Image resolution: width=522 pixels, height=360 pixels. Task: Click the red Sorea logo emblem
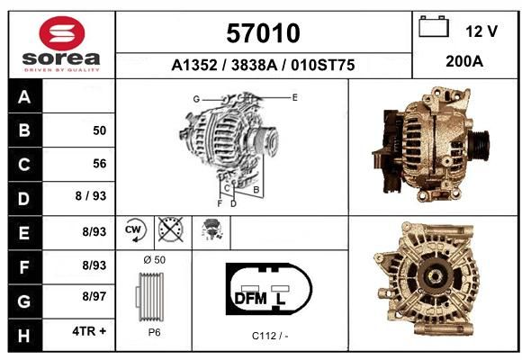tap(62, 33)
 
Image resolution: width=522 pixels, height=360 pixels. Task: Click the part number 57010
tap(263, 33)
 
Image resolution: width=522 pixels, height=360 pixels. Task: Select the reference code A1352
tap(194, 65)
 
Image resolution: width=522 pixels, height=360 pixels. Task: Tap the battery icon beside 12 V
tap(434, 26)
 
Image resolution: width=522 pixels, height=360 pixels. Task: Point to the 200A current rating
tap(464, 61)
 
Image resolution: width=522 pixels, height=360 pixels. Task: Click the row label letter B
tap(24, 130)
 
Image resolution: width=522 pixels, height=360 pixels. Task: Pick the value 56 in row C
tap(100, 164)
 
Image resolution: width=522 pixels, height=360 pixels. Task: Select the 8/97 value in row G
tap(94, 296)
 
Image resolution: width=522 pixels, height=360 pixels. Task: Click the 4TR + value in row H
tap(89, 331)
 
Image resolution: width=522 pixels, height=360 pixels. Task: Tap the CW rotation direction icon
tap(134, 229)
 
